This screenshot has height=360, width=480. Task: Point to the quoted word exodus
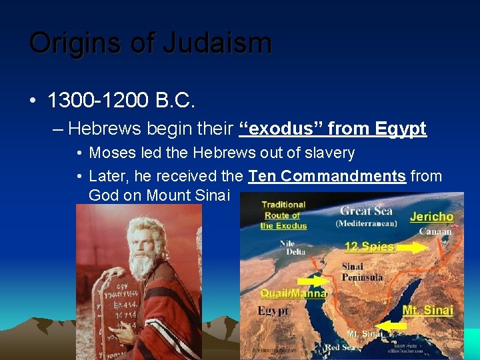pos(274,128)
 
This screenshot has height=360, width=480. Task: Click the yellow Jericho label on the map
pos(431,217)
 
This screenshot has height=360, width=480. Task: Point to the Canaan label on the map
pos(435,231)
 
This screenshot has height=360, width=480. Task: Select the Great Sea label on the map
pos(366,212)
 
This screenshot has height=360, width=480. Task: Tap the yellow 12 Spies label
pos(369,247)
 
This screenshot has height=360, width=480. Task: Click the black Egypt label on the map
pos(273,311)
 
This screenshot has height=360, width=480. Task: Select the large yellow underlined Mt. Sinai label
pos(428,310)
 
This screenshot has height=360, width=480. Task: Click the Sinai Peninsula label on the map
pos(361,272)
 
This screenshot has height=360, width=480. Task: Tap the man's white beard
pos(143,263)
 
